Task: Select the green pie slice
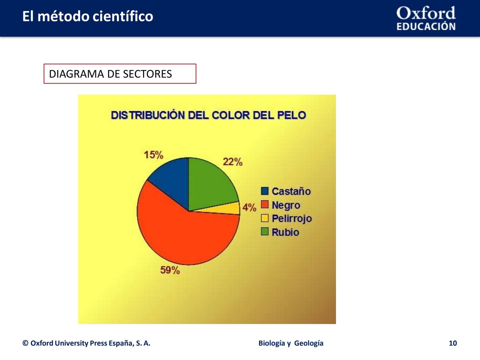click(x=210, y=182)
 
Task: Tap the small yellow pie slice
click(x=232, y=209)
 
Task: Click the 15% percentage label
click(x=153, y=155)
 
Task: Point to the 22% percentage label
click(x=232, y=162)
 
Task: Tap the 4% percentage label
click(x=249, y=207)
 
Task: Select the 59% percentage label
click(x=170, y=270)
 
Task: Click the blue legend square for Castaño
click(x=265, y=191)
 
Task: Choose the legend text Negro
click(x=286, y=205)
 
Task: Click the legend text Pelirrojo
click(x=292, y=219)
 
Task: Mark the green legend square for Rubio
click(x=265, y=232)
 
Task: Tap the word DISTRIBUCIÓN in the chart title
click(x=148, y=115)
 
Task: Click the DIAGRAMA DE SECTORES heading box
click(x=120, y=74)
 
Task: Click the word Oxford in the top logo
click(x=426, y=13)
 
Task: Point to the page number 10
click(x=453, y=343)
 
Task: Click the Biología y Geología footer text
click(x=291, y=343)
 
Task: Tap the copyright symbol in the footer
click(x=25, y=343)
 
